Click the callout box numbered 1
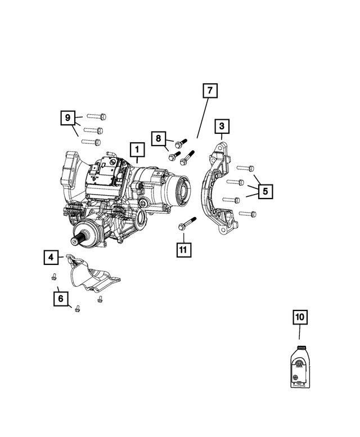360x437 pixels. point(137,150)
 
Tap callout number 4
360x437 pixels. point(51,258)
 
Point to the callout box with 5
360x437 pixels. point(265,191)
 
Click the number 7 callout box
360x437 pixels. point(209,91)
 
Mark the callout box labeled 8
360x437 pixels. point(159,138)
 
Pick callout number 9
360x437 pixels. point(68,118)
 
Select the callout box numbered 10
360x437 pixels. point(300,317)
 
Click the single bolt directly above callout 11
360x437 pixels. point(187,223)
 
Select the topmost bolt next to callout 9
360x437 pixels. point(97,116)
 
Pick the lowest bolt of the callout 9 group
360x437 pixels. point(92,142)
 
